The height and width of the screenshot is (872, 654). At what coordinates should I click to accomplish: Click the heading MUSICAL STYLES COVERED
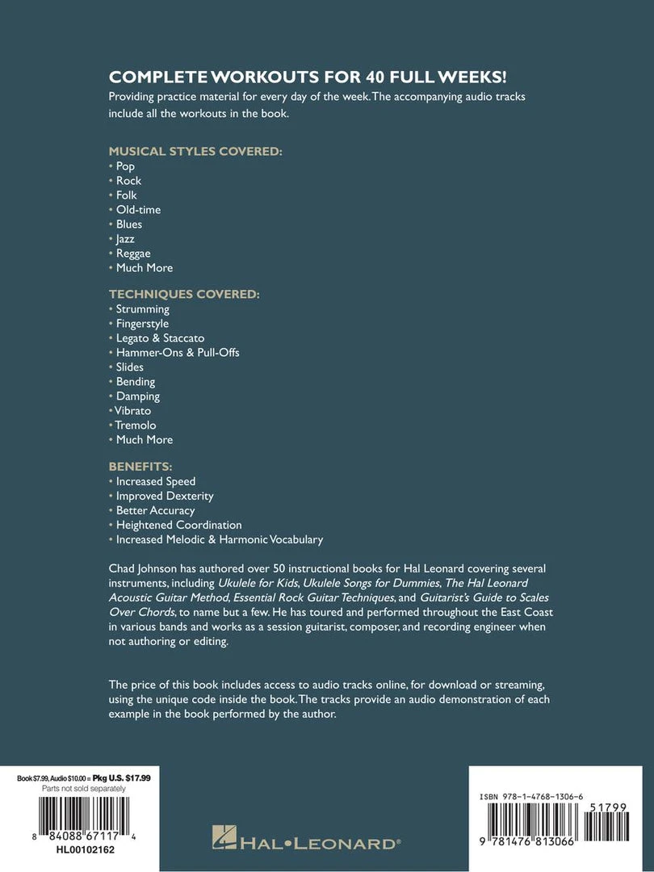195,151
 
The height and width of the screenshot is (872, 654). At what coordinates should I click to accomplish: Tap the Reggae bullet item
133,254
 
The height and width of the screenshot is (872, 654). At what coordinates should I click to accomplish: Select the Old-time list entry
138,210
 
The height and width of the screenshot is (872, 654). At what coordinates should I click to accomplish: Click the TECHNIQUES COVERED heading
184,295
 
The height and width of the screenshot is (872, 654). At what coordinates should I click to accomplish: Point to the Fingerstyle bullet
142,324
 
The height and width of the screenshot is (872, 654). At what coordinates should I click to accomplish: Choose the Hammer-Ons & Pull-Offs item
178,353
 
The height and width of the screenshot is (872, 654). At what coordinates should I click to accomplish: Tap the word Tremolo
136,426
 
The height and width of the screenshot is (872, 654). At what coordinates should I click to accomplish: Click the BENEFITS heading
140,467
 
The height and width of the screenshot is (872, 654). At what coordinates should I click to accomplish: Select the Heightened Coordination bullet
178,525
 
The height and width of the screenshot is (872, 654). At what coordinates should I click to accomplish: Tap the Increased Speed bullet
156,481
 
